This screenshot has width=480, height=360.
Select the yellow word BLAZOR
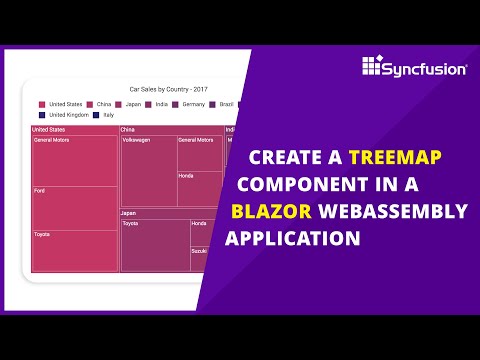(x=271, y=211)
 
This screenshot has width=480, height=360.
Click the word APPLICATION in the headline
(x=293, y=239)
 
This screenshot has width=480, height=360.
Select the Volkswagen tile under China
(x=148, y=170)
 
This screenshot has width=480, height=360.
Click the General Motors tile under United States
(x=74, y=160)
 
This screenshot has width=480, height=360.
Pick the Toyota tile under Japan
(x=154, y=245)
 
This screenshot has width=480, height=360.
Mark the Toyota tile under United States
(x=74, y=251)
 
